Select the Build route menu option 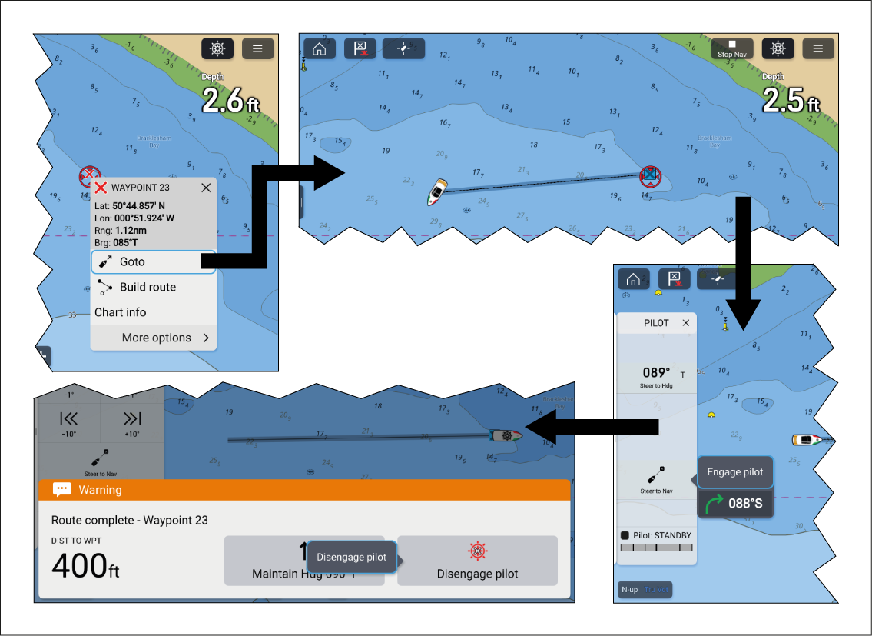(x=147, y=288)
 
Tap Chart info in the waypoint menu (x=121, y=312)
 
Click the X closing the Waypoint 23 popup (x=206, y=188)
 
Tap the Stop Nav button (x=731, y=49)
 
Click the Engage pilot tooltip (x=734, y=472)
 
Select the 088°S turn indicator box (x=734, y=504)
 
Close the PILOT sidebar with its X (x=686, y=324)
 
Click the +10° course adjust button (x=132, y=425)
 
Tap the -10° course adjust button (x=69, y=425)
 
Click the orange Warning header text (x=100, y=490)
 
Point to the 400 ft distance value (x=85, y=568)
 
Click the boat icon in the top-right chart (x=436, y=192)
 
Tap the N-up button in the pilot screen (x=630, y=590)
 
